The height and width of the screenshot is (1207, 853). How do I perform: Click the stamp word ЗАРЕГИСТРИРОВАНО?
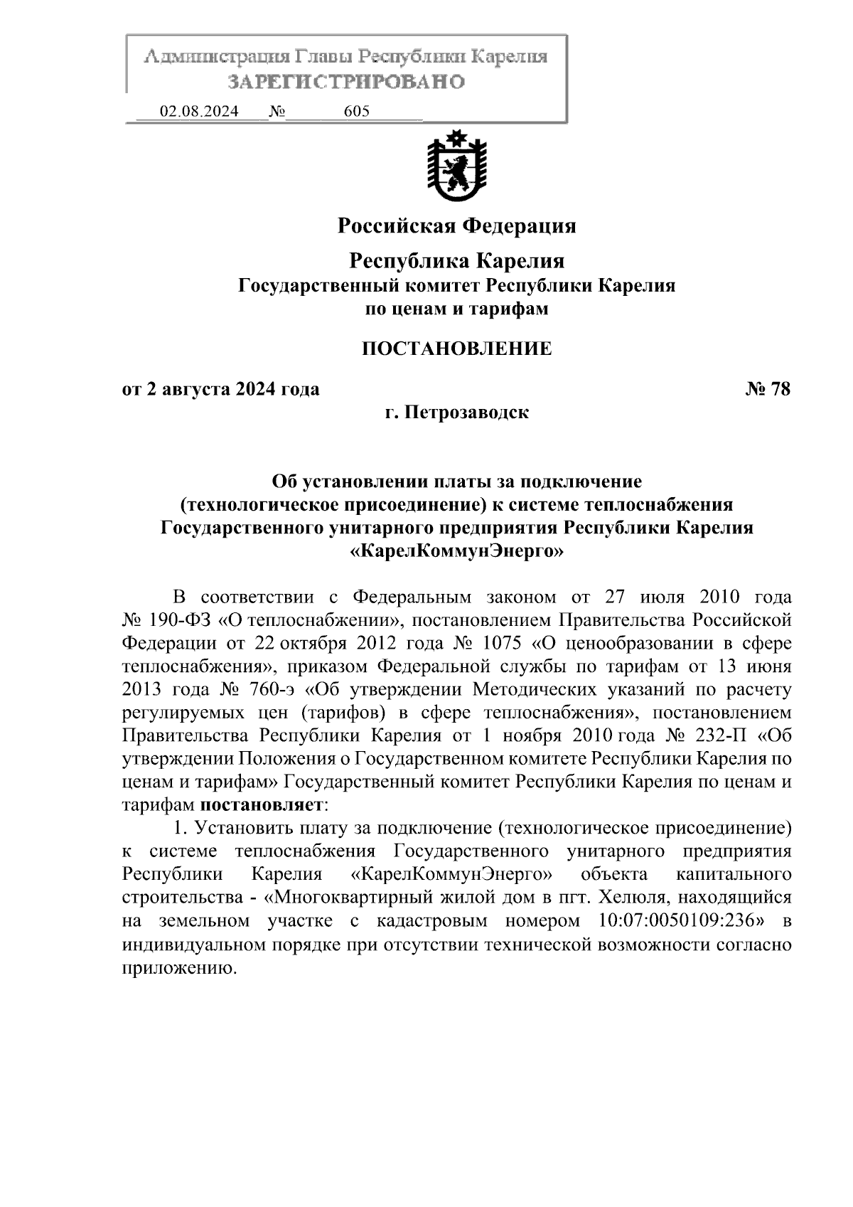pyautogui.click(x=346, y=82)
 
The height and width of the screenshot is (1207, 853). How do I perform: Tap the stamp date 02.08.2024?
pyautogui.click(x=199, y=112)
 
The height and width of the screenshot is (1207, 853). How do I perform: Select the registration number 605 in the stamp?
pyautogui.click(x=356, y=112)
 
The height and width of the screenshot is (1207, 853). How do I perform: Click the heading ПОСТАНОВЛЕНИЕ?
pyautogui.click(x=456, y=349)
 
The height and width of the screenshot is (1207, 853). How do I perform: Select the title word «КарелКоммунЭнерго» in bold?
pyautogui.click(x=456, y=551)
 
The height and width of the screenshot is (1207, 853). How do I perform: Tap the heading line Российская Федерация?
pyautogui.click(x=456, y=226)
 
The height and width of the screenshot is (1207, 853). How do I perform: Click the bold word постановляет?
pyautogui.click(x=262, y=805)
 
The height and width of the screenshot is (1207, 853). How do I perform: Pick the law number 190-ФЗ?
pyautogui.click(x=181, y=620)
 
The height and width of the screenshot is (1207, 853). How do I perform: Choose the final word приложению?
pyautogui.click(x=178, y=967)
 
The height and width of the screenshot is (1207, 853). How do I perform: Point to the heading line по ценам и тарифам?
pyautogui.click(x=456, y=309)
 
